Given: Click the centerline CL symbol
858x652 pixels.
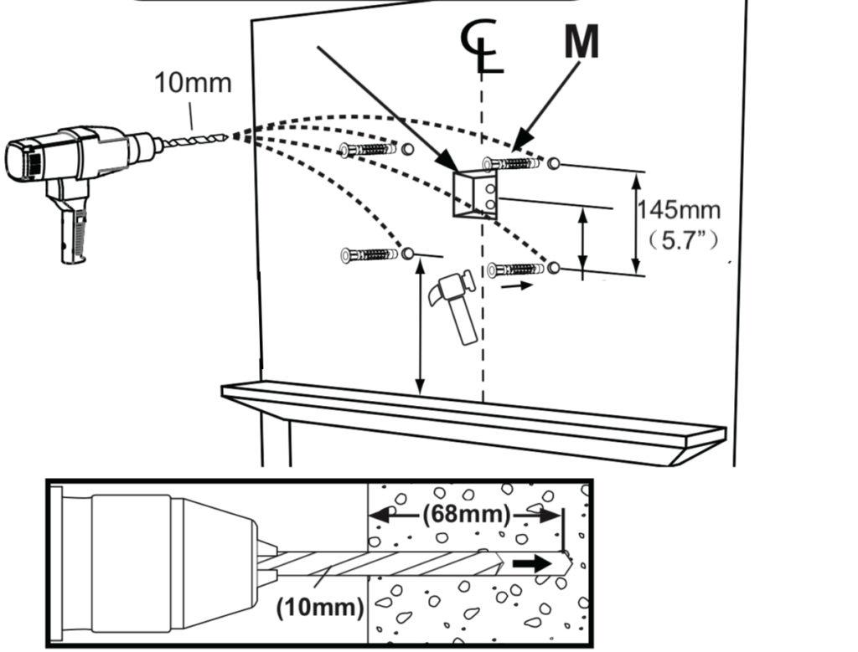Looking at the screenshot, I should (x=483, y=46).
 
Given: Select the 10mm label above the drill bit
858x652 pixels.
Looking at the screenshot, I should (x=193, y=84).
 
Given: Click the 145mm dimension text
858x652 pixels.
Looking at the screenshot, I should (x=678, y=209).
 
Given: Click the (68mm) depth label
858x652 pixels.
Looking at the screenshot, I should (x=466, y=512).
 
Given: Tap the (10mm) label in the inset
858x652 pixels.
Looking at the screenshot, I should (x=320, y=607).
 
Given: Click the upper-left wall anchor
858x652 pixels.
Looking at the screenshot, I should (x=368, y=150).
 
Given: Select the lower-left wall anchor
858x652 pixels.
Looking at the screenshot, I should (x=370, y=254).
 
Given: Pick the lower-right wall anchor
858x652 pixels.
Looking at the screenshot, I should (x=515, y=270).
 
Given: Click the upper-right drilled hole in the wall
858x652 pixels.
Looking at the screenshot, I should (x=553, y=162).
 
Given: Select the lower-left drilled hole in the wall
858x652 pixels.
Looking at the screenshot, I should (x=408, y=253).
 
